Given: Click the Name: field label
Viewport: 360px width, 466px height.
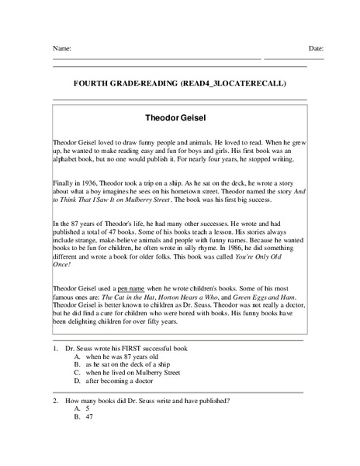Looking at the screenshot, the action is click(62, 48).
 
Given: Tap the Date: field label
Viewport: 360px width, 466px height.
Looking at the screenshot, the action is click(316, 48).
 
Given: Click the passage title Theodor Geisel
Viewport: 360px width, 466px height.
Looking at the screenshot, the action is click(179, 120).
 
